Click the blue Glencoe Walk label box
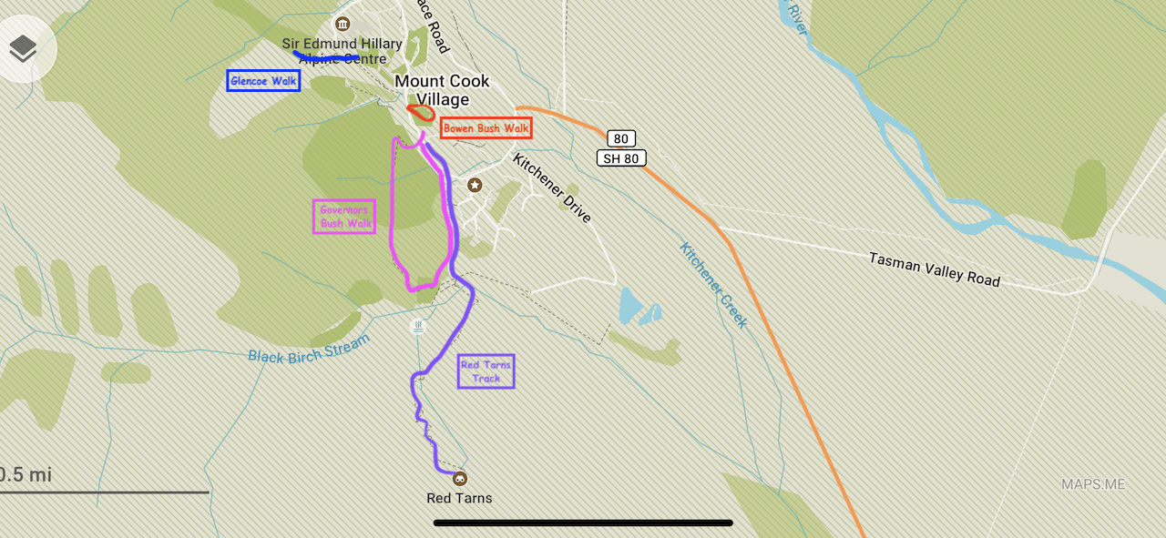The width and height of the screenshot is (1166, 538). (263, 81)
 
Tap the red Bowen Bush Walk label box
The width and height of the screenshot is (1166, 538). (486, 128)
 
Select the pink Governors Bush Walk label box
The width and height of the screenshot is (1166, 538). (344, 217)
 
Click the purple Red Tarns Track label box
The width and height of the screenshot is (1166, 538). (486, 371)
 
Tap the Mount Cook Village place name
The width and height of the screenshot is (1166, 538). (442, 90)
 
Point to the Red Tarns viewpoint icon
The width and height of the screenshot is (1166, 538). (460, 479)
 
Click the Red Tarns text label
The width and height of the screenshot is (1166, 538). (459, 498)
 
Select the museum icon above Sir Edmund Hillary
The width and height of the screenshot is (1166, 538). (343, 24)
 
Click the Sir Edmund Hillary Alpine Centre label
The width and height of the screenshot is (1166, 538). (342, 51)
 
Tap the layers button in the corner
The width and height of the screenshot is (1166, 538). (23, 49)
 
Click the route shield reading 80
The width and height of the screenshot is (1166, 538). (621, 139)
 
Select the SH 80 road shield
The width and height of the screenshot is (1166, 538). (621, 158)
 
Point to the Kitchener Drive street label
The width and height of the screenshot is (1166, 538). (552, 188)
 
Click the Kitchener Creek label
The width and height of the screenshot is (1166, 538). (713, 285)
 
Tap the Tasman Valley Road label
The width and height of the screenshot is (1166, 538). (934, 269)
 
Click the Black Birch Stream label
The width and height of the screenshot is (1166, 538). (309, 349)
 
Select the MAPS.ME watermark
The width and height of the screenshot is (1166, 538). (1093, 484)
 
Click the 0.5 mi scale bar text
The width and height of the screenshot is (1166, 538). (26, 474)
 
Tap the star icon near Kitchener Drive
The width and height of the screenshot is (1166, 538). (475, 186)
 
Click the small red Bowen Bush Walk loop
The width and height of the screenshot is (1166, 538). (420, 113)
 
